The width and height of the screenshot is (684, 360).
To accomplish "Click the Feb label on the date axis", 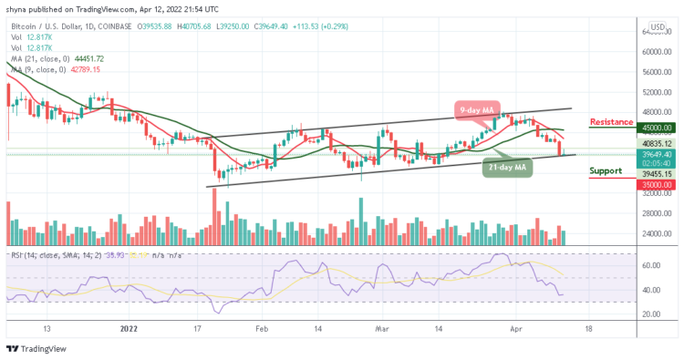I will pos(262,328).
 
